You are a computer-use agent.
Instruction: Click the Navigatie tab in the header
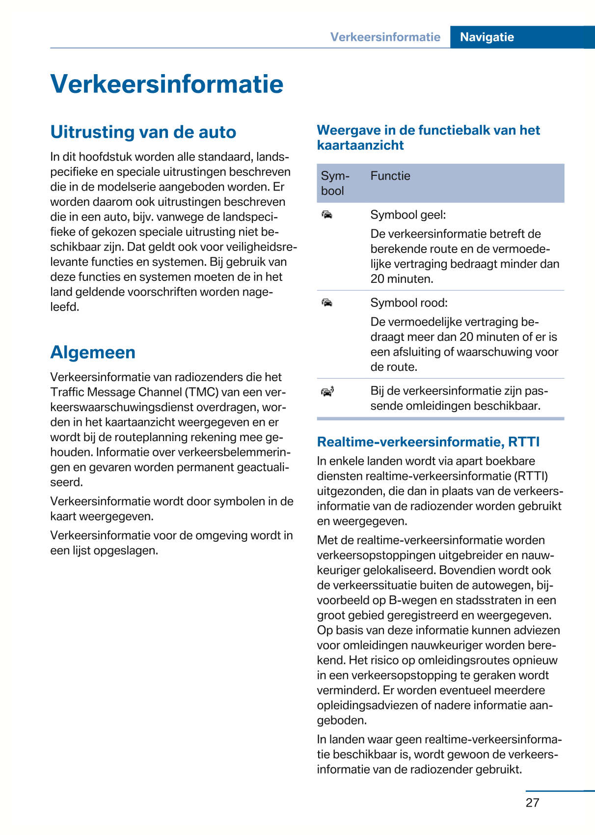coord(487,37)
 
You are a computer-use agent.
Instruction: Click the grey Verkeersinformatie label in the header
coord(385,37)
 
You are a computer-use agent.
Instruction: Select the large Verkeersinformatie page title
coord(167,84)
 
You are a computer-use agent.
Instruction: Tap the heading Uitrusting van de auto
coord(143,132)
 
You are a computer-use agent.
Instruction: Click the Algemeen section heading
coord(93,352)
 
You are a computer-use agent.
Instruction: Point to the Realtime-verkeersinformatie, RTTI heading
coord(428,442)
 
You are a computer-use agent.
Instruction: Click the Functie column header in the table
coord(390,176)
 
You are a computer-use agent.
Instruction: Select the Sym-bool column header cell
coord(335,183)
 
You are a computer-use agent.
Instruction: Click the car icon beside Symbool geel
coord(327,215)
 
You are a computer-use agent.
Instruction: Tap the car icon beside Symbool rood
coord(327,303)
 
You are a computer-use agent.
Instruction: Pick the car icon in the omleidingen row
coord(327,391)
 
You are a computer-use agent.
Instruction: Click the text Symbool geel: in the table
coord(408,215)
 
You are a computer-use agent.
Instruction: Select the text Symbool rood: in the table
coord(409,303)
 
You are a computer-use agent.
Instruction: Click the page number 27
coord(532,803)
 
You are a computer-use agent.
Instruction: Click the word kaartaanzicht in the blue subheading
coord(360,145)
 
